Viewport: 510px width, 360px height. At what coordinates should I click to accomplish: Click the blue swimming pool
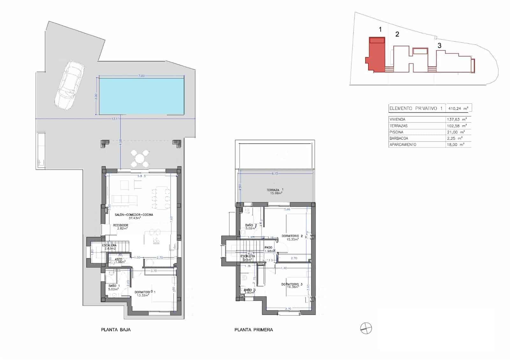point(141,96)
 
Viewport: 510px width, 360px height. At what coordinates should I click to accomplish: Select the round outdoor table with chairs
point(140,158)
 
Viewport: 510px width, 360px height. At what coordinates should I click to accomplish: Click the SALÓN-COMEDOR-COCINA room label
point(134,215)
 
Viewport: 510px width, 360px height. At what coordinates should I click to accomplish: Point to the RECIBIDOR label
point(120,225)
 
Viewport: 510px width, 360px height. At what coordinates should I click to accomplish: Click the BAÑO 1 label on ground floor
point(114,286)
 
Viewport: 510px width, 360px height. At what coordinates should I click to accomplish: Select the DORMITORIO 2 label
point(292,236)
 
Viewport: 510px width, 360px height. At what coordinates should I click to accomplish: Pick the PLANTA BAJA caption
point(116,330)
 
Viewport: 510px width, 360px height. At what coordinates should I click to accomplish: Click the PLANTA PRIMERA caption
point(253,330)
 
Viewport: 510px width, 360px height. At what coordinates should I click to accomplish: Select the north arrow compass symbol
point(366,328)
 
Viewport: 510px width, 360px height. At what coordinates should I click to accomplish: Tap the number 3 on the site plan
point(439,46)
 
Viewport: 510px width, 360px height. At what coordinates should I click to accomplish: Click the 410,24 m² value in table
point(458,108)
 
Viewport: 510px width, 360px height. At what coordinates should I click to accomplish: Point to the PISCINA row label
point(396,132)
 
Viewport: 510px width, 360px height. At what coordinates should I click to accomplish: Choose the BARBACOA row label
point(398,138)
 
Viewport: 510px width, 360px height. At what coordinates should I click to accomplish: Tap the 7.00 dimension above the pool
point(142,76)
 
